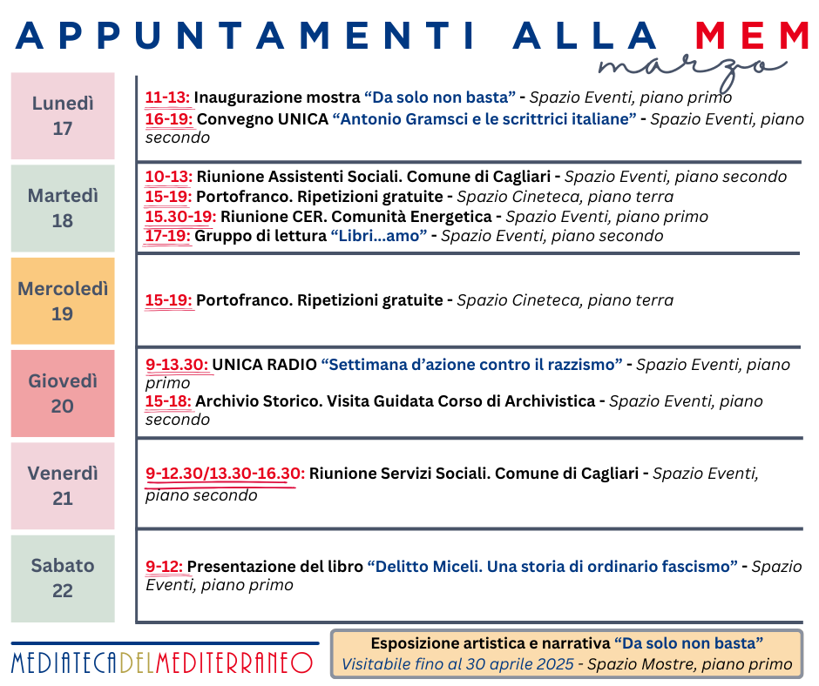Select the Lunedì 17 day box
(63, 116)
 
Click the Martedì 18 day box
(63, 208)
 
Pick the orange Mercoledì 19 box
(63, 300)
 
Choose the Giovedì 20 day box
(63, 393)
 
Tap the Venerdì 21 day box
(63, 486)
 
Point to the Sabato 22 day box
(63, 578)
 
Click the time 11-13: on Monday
(168, 98)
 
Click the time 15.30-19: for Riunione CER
(180, 217)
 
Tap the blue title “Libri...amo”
(377, 236)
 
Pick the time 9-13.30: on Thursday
(177, 365)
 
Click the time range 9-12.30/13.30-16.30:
(225, 474)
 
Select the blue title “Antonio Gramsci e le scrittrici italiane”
(484, 119)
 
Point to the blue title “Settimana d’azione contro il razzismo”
(471, 365)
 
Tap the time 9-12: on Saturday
(165, 567)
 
